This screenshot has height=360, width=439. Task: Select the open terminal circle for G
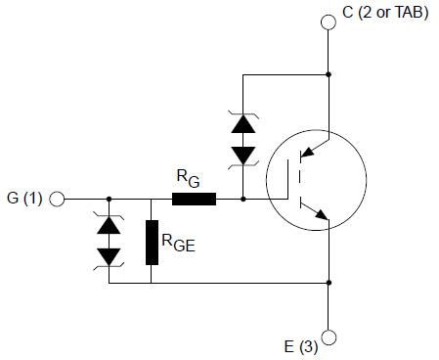tap(57, 199)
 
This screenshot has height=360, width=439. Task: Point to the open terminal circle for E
tap(329, 337)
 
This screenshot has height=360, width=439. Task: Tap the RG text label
tap(188, 178)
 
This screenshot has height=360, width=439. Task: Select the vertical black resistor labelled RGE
tap(152, 243)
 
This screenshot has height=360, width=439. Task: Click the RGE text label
tap(180, 246)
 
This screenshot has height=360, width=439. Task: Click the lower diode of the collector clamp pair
tap(241, 155)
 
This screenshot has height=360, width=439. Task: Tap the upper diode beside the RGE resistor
tap(109, 224)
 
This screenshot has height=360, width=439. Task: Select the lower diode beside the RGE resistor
tap(109, 254)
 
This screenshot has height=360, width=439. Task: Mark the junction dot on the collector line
tap(329, 74)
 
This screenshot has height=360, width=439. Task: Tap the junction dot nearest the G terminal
tap(109, 199)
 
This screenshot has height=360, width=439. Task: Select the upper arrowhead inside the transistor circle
tap(308, 153)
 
